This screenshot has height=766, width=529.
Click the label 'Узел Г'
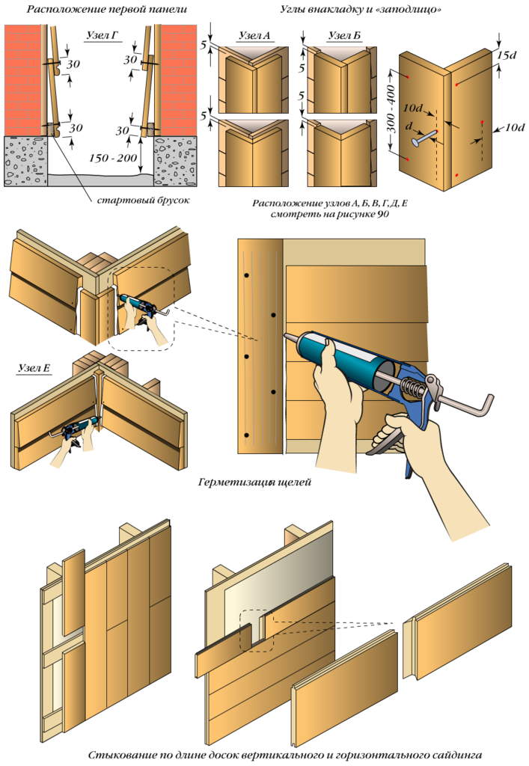[100, 35]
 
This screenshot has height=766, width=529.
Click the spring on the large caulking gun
[413, 389]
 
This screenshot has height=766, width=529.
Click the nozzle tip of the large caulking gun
[286, 337]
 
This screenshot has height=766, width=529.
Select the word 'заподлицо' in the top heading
[400, 10]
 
